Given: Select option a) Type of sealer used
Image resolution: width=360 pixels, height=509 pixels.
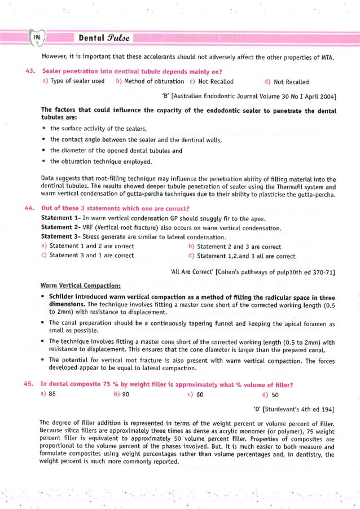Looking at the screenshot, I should tap(73, 81).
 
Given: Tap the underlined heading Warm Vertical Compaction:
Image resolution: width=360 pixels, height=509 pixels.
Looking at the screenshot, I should tap(81, 286).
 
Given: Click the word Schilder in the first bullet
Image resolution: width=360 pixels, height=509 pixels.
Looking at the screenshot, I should tap(64, 297).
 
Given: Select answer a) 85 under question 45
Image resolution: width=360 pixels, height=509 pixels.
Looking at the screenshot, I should tap(49, 394).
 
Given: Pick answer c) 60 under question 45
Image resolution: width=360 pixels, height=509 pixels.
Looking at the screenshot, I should tap(196, 394).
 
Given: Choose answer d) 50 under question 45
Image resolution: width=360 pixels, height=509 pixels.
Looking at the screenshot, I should tap(271, 394).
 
